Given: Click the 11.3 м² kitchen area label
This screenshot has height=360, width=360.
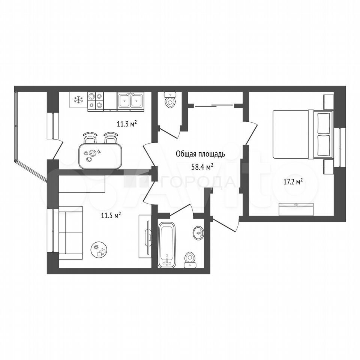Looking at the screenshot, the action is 127,124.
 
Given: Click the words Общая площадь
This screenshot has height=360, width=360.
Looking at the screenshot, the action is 200,154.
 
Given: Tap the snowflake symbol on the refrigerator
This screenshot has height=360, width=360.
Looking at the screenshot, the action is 78,100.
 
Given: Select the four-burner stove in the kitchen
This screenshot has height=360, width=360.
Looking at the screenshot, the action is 96,102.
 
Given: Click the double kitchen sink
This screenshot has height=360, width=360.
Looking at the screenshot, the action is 130,100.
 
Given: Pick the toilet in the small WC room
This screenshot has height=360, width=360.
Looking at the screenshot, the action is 170,100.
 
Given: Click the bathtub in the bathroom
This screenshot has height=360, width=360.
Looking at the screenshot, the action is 167,245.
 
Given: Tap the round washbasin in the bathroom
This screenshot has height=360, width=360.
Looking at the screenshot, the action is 198,233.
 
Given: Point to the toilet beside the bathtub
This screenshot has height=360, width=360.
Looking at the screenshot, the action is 190,260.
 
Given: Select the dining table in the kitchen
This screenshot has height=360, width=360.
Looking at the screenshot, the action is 100,156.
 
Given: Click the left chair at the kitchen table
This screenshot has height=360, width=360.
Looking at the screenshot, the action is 90,138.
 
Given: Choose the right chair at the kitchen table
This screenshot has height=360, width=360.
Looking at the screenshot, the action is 111,138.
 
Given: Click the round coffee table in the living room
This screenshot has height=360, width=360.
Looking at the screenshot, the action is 99,250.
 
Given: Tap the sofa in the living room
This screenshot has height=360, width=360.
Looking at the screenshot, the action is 70,233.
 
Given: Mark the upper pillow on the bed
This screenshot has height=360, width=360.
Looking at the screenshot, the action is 323,123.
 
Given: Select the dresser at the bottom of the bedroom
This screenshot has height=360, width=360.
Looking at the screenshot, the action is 296,209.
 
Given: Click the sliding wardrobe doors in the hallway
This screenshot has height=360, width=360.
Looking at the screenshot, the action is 214,106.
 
